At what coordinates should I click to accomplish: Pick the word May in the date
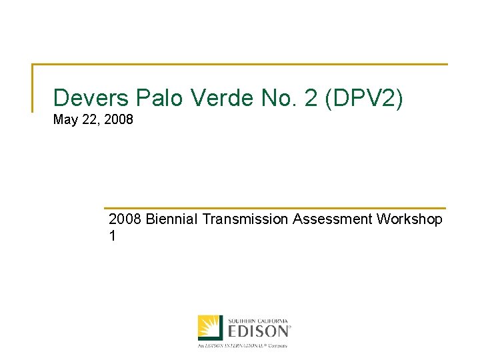(65, 121)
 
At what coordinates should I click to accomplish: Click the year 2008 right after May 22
(119, 121)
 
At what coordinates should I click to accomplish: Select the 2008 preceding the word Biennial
(125, 219)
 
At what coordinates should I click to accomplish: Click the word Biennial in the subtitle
(171, 219)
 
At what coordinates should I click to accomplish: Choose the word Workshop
(409, 219)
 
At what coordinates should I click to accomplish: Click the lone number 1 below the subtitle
(112, 236)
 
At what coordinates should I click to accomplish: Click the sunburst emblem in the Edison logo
(210, 327)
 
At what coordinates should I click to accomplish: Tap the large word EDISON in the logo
(259, 330)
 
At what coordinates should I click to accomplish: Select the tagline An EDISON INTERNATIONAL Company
(242, 345)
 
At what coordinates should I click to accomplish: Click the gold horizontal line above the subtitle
(275, 208)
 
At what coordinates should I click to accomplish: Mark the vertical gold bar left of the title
(33, 87)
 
